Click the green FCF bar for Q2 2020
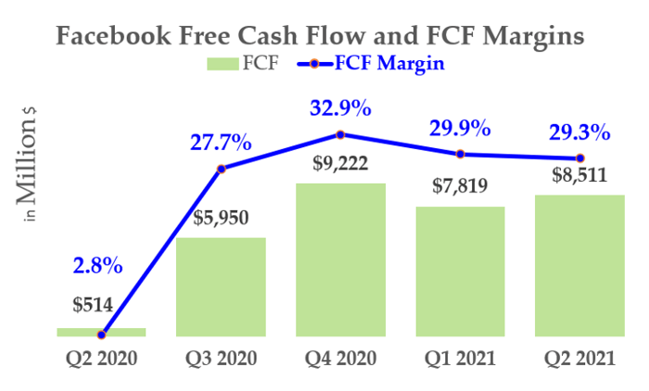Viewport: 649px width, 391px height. [x=101, y=332]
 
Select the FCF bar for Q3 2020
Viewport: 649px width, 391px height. [x=221, y=286]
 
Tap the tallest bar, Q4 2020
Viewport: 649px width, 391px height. [x=340, y=259]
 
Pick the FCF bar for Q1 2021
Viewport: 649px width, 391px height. [x=460, y=271]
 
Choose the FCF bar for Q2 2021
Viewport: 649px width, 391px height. [x=579, y=266]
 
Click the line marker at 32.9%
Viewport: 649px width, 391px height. [x=340, y=134]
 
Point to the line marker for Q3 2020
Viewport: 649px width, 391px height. [x=221, y=169]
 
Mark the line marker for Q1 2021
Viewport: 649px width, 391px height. [x=460, y=155]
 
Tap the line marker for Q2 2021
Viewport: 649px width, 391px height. [x=579, y=158]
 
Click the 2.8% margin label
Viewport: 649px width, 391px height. [x=97, y=266]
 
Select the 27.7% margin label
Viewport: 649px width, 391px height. [x=221, y=143]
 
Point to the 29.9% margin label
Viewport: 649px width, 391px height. [x=460, y=128]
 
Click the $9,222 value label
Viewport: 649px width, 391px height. [x=340, y=163]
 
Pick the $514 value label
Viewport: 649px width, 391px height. [x=93, y=306]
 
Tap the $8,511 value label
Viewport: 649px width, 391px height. [x=579, y=175]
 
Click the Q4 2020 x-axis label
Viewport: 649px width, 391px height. [x=340, y=359]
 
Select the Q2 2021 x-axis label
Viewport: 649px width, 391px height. [x=579, y=359]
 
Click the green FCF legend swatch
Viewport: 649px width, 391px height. [x=223, y=64]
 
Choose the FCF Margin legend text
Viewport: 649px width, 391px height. [x=389, y=63]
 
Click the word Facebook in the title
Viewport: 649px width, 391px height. [x=113, y=35]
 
